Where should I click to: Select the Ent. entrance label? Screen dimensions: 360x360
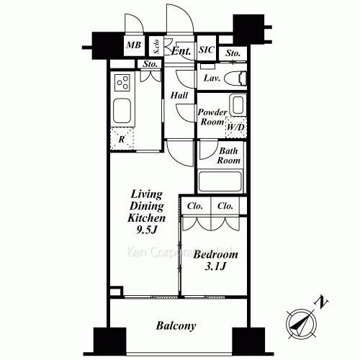click(181, 51)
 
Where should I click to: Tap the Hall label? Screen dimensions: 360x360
click(179, 95)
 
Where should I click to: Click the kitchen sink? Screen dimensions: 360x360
click(122, 112)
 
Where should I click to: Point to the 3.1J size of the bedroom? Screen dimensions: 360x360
click(215, 268)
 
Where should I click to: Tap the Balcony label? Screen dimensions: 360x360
click(176, 325)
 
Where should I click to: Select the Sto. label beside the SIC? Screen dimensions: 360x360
click(232, 53)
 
